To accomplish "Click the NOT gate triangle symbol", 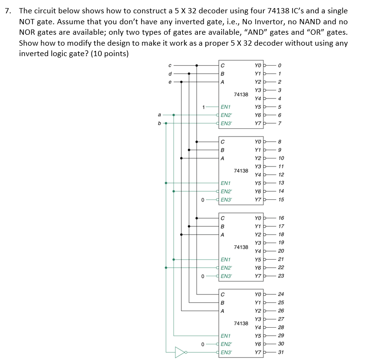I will point(180,352).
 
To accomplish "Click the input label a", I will point(159,115).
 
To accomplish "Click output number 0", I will point(281,66).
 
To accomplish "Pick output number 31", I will point(281,352).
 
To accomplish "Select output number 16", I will point(281,218).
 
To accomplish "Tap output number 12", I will point(281,175).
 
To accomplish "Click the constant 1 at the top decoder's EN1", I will point(203,107).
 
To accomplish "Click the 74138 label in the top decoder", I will point(241,95).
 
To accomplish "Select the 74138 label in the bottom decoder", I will point(241,323).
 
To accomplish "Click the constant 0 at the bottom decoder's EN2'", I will point(203,344).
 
